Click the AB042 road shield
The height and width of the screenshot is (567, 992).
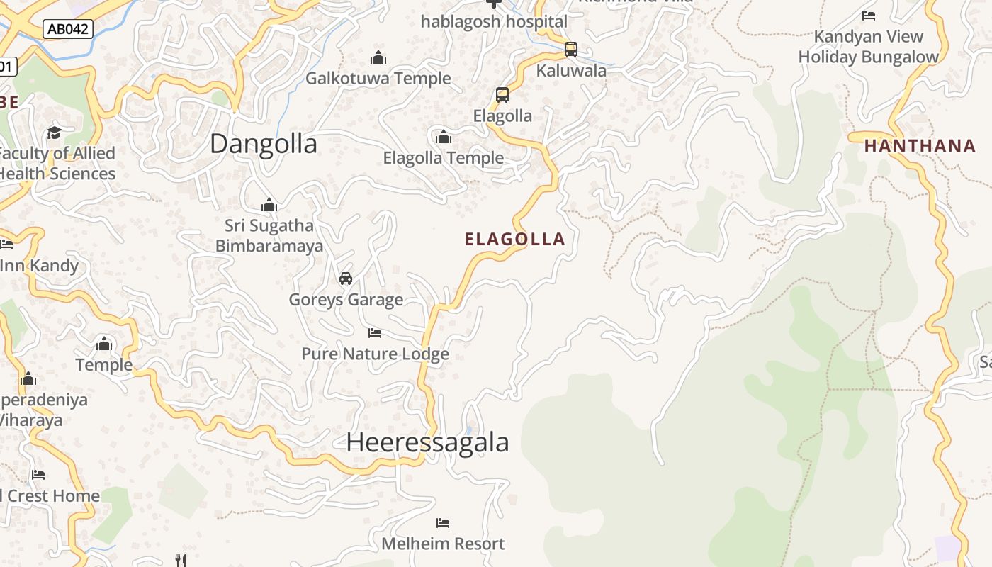[x=68, y=29]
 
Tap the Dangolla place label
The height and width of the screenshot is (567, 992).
[x=263, y=144]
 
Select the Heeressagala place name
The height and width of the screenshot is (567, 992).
[x=427, y=442]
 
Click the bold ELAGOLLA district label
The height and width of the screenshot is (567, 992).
[x=514, y=240]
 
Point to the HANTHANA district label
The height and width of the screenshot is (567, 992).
[x=920, y=146]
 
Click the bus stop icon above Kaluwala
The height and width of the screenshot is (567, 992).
[x=570, y=50]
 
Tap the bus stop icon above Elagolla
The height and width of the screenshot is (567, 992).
[x=502, y=95]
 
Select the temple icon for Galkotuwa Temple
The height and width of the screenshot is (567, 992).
[x=378, y=57]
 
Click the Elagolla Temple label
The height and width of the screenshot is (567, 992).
[x=444, y=158]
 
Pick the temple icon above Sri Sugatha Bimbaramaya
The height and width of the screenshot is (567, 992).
[x=269, y=206]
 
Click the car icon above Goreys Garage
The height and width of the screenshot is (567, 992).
[x=346, y=279]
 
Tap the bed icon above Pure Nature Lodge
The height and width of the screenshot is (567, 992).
[x=375, y=332]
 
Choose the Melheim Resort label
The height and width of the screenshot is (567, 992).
[x=443, y=544]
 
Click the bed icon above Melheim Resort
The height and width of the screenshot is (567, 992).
[x=443, y=523]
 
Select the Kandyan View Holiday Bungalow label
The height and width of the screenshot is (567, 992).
[x=868, y=47]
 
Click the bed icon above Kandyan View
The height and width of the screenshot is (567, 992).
[x=869, y=15]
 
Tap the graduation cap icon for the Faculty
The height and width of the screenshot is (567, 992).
[x=55, y=133]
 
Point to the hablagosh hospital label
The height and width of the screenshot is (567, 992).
[x=494, y=22]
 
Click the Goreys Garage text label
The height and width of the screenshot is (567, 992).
[x=346, y=300]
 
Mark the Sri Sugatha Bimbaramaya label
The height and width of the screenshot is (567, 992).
[x=269, y=236]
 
